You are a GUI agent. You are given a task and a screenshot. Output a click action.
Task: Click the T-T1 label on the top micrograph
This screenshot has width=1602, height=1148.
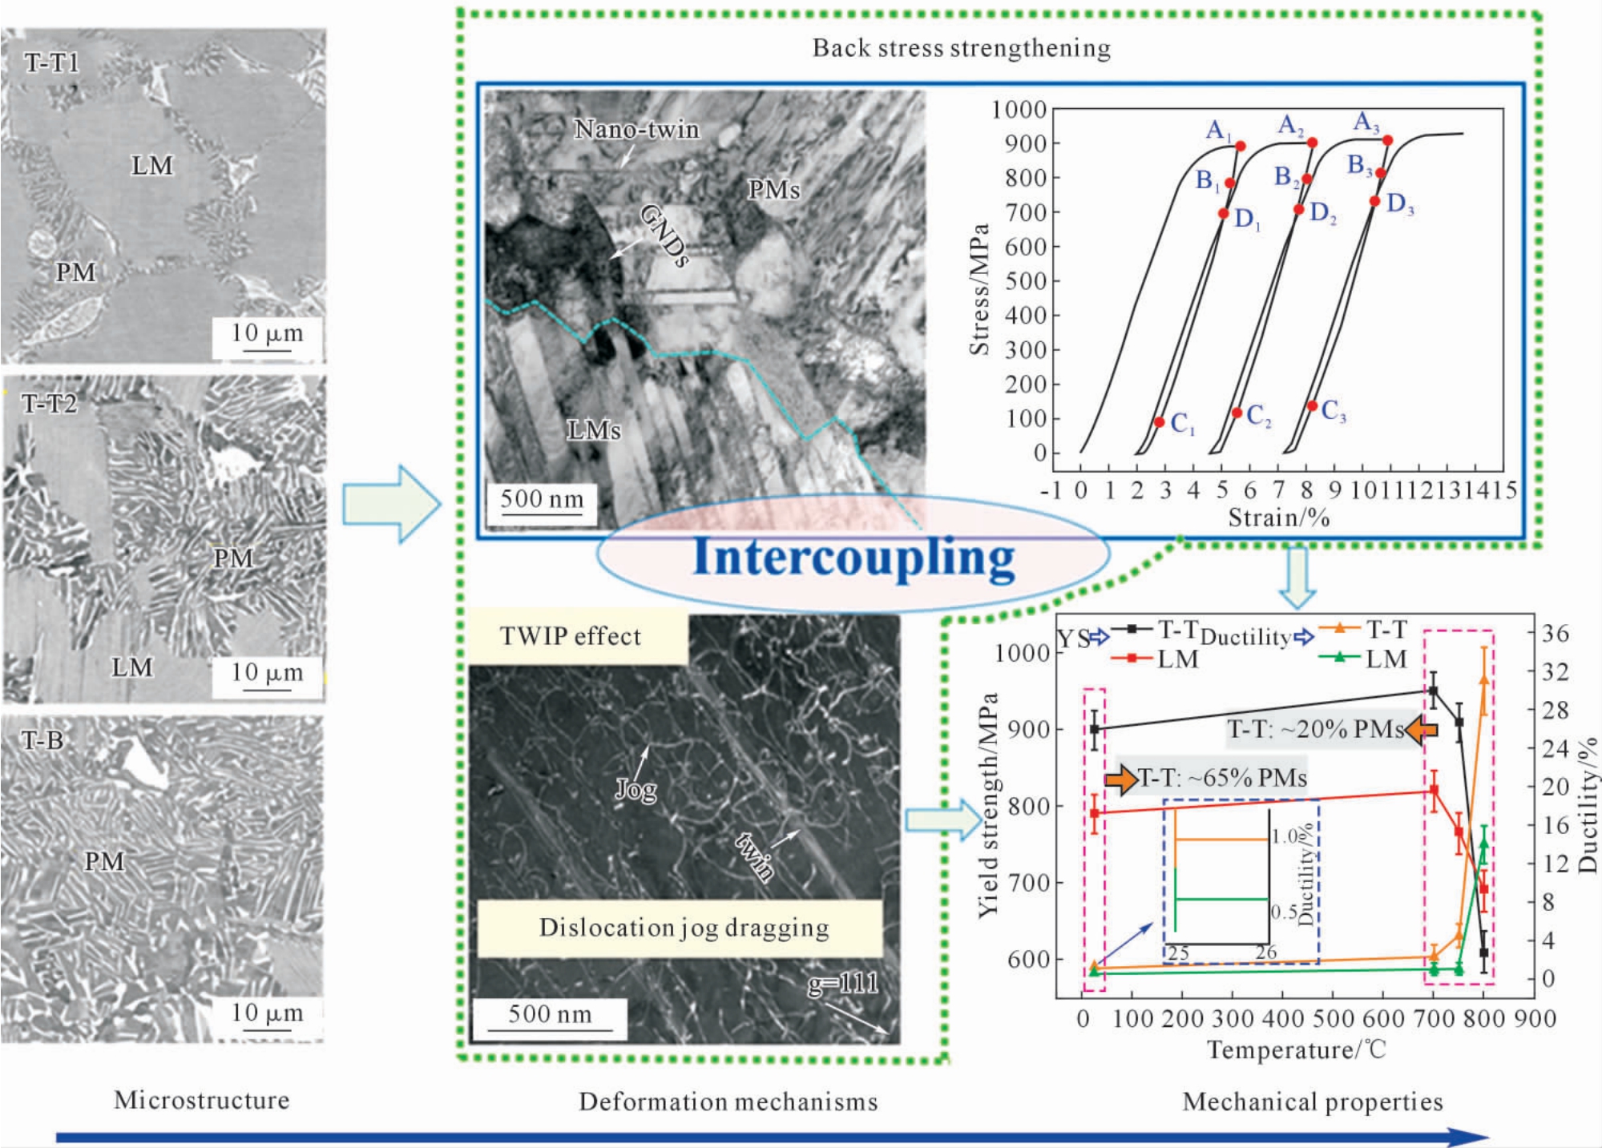pos(52,63)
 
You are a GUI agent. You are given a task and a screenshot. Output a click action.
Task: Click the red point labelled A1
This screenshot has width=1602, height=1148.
pos(1241,146)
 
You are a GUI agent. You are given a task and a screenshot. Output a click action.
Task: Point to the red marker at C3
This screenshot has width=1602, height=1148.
pos(1312,406)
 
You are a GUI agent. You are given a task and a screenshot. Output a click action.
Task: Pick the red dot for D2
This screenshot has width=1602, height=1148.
pos(1298,210)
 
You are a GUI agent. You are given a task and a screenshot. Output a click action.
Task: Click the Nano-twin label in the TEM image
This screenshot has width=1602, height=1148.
pos(637,129)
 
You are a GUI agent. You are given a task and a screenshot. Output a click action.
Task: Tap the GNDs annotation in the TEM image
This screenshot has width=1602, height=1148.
pos(664,234)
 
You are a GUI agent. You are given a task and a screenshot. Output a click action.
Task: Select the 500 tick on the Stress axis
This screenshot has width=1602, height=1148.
pos(1026,281)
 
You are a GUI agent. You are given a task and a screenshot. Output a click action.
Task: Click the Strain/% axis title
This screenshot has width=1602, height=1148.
pos(1279,518)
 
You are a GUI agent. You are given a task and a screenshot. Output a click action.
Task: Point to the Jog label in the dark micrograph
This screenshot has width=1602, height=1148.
pos(636,791)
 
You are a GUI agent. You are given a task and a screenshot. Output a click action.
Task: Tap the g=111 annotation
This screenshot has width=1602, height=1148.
pos(842,983)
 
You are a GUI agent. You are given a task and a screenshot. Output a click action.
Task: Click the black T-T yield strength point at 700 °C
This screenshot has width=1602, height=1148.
pos(1434,691)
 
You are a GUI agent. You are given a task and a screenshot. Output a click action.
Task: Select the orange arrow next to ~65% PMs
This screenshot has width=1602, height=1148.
pos(1121,779)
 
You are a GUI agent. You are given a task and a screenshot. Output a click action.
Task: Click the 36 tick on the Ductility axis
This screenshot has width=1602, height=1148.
pos(1555,634)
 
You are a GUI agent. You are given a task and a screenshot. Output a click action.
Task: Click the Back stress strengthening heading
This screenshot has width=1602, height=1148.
pos(962,48)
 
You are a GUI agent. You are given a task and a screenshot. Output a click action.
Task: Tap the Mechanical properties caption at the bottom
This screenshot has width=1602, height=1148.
pos(1313,1102)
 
